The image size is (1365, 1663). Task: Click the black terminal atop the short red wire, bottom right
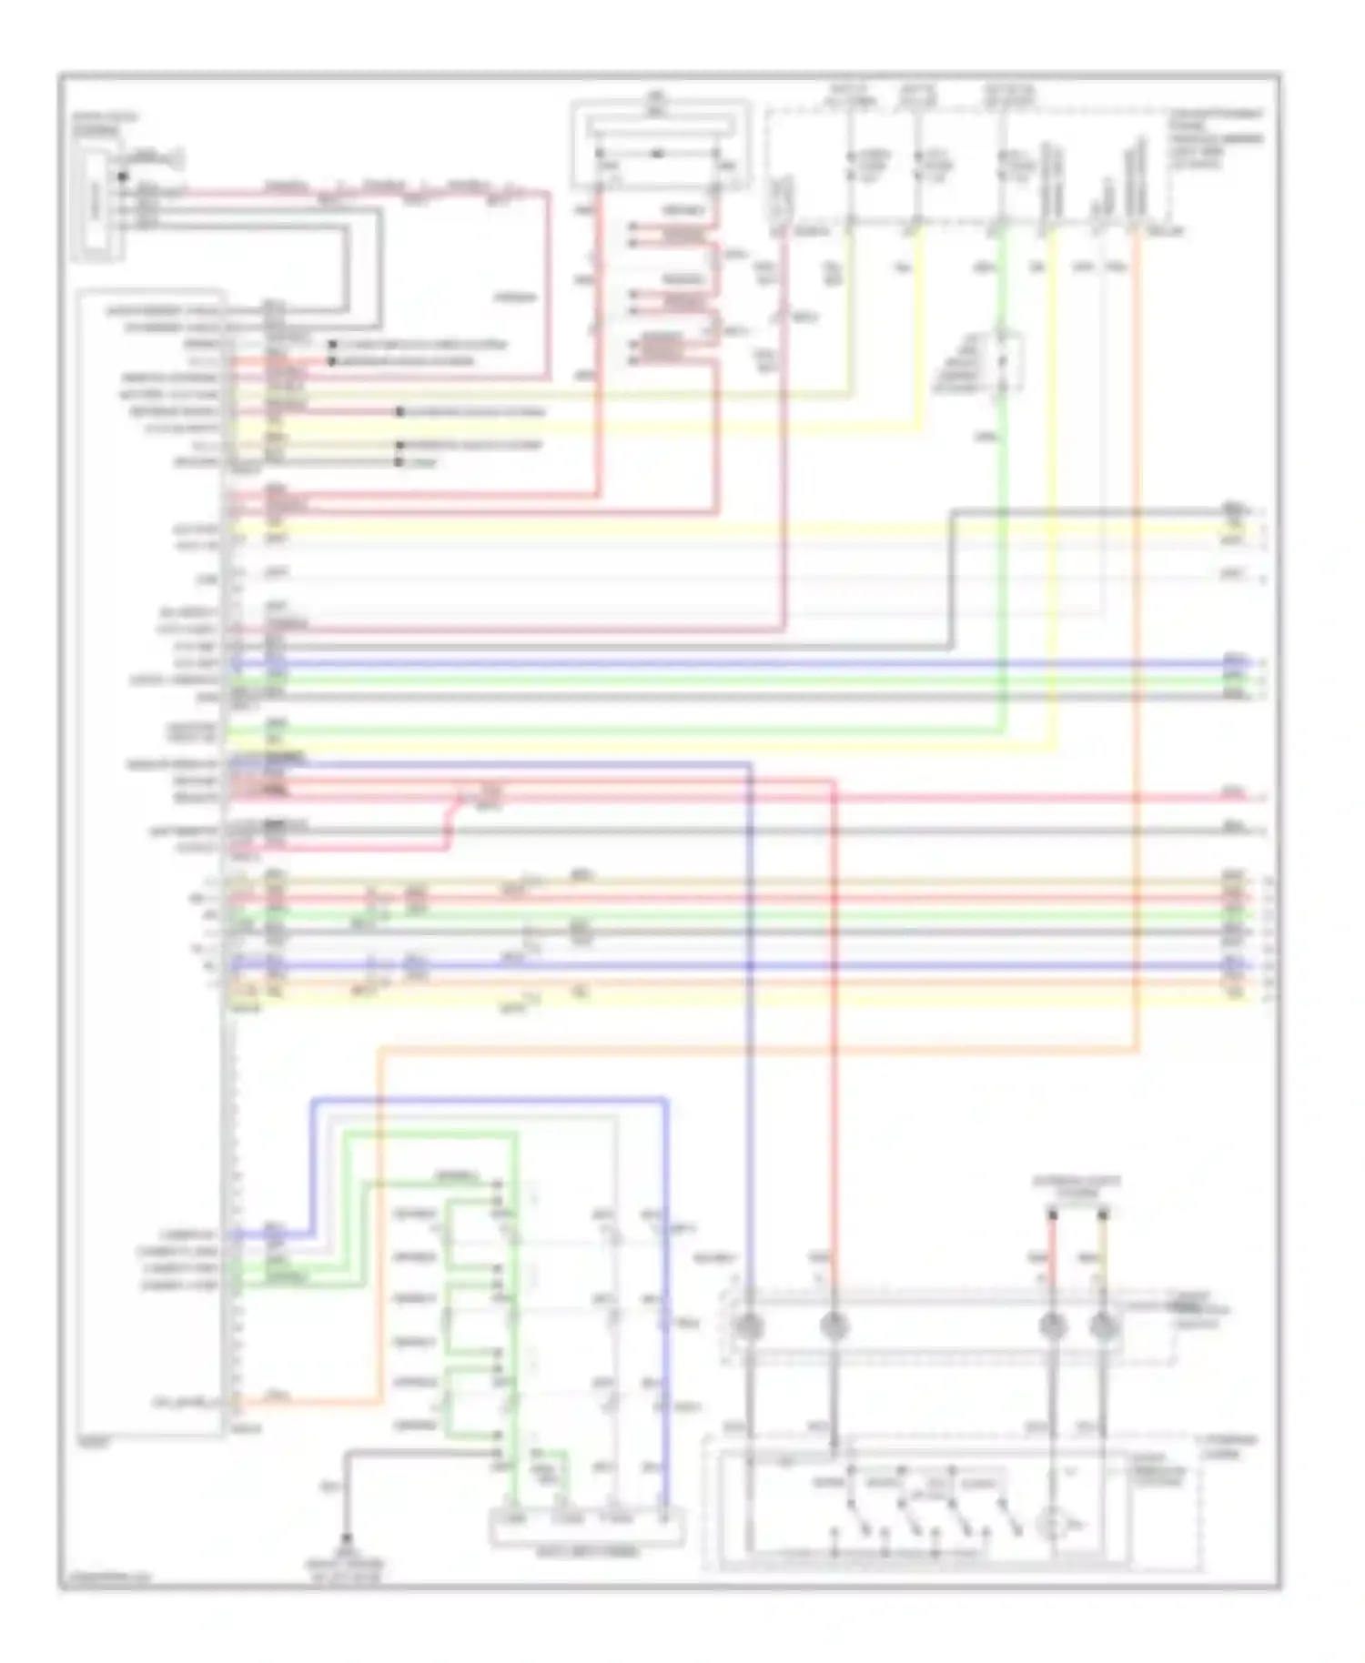(x=1052, y=1214)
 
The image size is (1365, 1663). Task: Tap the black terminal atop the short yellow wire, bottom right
(x=1103, y=1214)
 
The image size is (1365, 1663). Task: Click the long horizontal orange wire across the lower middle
(x=755, y=1050)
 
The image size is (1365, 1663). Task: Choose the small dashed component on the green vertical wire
(x=1004, y=361)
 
